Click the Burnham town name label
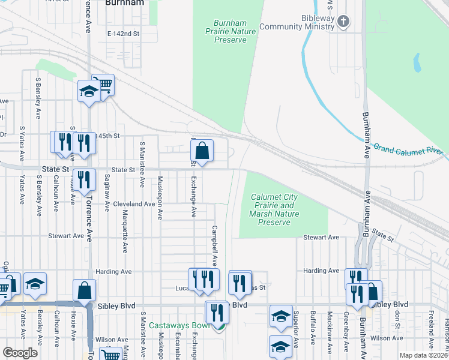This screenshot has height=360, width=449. [x=124, y=3]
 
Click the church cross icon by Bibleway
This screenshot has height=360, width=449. [x=343, y=22]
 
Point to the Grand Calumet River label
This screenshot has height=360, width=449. [x=408, y=148]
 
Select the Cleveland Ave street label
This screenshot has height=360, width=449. [x=134, y=204]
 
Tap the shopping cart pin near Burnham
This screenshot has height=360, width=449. [x=103, y=85]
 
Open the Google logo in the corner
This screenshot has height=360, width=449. [x=20, y=353]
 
